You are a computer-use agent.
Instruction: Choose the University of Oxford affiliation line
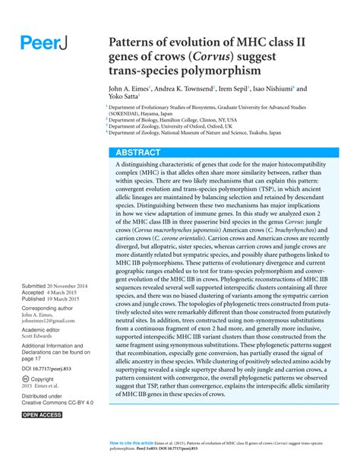[170, 126]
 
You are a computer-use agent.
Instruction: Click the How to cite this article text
[131, 442]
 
